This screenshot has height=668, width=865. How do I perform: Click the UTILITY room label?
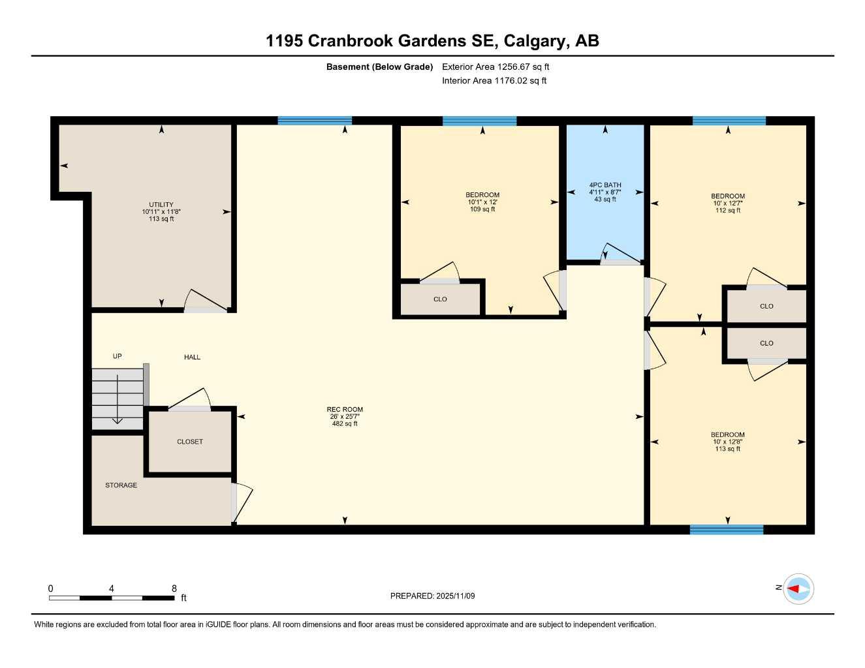click(161, 205)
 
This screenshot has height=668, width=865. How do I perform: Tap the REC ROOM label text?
click(345, 410)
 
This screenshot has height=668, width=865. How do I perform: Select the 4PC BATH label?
click(605, 185)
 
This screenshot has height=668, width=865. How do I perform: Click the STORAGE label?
click(121, 485)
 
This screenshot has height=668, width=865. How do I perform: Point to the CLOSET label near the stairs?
click(190, 442)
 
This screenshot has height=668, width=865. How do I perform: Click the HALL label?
click(192, 357)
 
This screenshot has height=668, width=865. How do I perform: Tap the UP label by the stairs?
click(118, 356)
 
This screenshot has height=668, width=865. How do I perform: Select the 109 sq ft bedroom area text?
click(482, 209)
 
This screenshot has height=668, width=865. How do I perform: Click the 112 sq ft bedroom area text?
click(728, 211)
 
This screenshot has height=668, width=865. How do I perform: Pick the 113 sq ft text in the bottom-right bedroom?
click(728, 449)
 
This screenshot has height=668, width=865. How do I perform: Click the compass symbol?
click(798, 589)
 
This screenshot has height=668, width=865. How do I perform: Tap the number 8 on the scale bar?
click(174, 588)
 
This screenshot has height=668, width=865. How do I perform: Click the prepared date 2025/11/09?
click(456, 596)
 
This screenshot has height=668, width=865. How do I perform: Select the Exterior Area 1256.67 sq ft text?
click(495, 67)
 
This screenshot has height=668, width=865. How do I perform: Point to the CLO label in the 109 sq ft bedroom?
click(440, 299)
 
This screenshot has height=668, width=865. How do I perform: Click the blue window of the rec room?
click(315, 121)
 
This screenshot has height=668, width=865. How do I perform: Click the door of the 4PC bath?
click(620, 255)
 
